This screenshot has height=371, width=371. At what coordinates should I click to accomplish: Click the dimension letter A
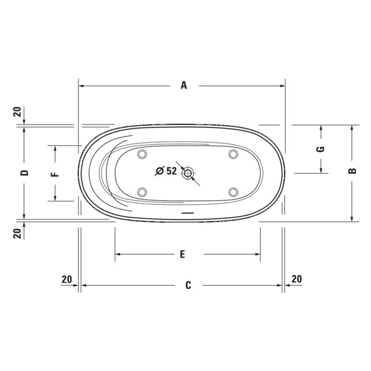click(184, 86)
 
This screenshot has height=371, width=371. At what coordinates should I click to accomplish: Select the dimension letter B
click(352, 171)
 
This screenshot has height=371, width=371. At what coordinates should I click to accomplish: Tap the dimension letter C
click(188, 285)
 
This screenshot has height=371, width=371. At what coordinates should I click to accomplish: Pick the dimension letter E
click(182, 254)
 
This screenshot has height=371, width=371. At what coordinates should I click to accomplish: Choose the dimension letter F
click(55, 174)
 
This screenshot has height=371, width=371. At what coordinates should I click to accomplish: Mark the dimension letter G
click(321, 150)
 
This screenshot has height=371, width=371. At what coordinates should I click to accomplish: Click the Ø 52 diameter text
click(166, 171)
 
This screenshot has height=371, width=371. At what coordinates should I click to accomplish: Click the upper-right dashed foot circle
click(233, 154)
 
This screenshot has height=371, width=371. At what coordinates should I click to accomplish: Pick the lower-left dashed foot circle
click(142, 192)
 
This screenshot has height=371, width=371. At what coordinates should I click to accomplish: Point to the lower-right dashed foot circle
click(233, 192)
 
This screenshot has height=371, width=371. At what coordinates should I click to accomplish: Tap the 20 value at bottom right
click(297, 279)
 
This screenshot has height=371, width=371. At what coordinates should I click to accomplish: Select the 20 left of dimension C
click(67, 279)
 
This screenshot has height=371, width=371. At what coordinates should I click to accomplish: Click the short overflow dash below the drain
click(188, 213)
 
